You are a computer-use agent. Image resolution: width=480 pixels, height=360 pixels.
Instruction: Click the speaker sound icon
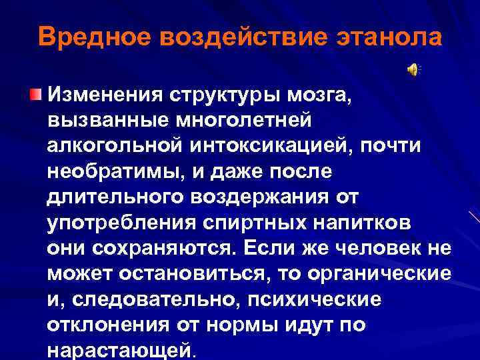[413, 69]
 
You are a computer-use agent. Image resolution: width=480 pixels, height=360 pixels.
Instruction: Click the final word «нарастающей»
[119, 349]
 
